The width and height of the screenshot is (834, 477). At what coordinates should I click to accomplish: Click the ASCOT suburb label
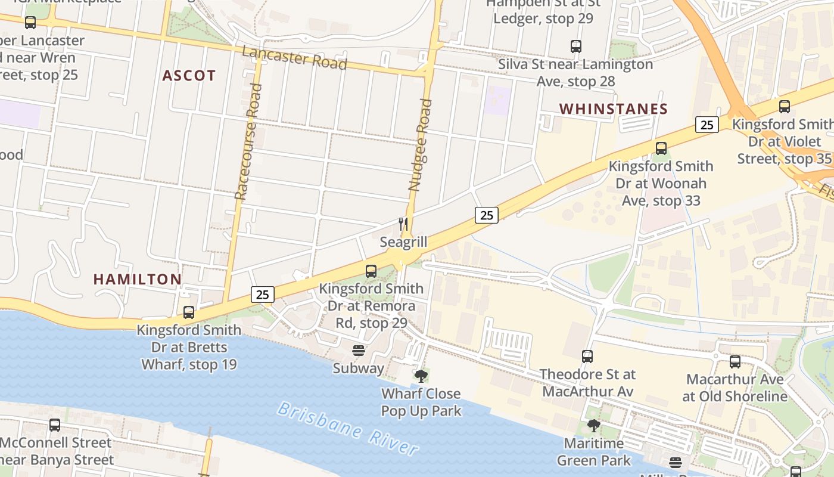coord(189,76)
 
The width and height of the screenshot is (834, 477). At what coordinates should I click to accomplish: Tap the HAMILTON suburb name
coord(137,279)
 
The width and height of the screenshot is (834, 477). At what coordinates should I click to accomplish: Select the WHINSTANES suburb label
coord(614,109)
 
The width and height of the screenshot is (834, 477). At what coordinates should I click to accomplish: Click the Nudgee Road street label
coord(420,145)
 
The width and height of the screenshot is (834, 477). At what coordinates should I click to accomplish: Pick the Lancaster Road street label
coord(294,58)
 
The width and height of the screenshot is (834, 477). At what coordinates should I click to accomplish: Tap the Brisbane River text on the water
coord(348,428)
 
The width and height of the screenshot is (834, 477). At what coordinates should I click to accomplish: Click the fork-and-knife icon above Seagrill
coord(404,224)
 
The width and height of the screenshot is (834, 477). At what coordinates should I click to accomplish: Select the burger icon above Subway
coord(358,350)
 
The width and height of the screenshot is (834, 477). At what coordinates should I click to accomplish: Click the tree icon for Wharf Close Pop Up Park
coord(421,376)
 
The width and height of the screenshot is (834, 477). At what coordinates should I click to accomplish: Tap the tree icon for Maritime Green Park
coord(593,425)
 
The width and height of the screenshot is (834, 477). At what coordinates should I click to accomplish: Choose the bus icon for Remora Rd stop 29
coord(371,271)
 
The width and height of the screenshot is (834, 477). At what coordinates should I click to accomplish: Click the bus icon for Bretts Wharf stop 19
coord(189,312)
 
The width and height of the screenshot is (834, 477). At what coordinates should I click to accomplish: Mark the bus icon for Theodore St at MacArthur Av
coord(587,357)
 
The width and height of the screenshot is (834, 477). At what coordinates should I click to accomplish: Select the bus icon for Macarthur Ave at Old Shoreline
coord(735,361)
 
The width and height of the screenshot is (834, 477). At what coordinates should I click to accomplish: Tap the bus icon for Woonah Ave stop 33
coord(661,148)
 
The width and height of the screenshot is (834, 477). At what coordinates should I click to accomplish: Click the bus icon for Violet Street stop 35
coord(785,107)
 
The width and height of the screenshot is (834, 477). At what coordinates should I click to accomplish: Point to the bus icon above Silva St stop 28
coord(575,46)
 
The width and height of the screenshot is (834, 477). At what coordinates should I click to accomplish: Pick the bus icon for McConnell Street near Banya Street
coord(55,425)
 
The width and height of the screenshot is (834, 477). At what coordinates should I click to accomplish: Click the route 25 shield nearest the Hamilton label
coord(263,294)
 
